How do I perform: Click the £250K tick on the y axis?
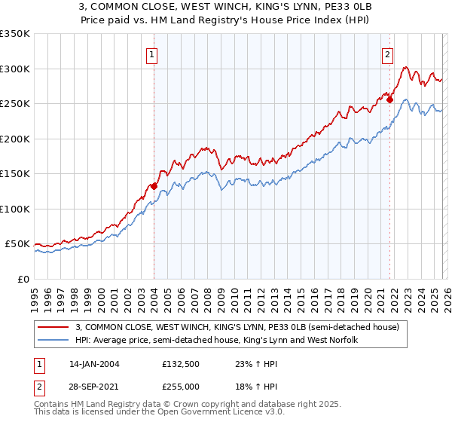pyautogui.click(x=15, y=103)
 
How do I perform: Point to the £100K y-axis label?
pyautogui.click(x=15, y=209)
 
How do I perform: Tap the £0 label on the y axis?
pyautogui.click(x=23, y=279)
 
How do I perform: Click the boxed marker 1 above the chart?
pyautogui.click(x=152, y=54)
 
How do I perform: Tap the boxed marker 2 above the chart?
pyautogui.click(x=387, y=54)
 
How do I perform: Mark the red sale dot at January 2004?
pyautogui.click(x=154, y=185)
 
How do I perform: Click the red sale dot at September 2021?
pyautogui.click(x=389, y=99)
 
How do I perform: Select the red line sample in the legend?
pyautogui.click(x=53, y=326)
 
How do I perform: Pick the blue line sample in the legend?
pyautogui.click(x=53, y=340)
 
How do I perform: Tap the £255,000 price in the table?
pyautogui.click(x=181, y=386)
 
